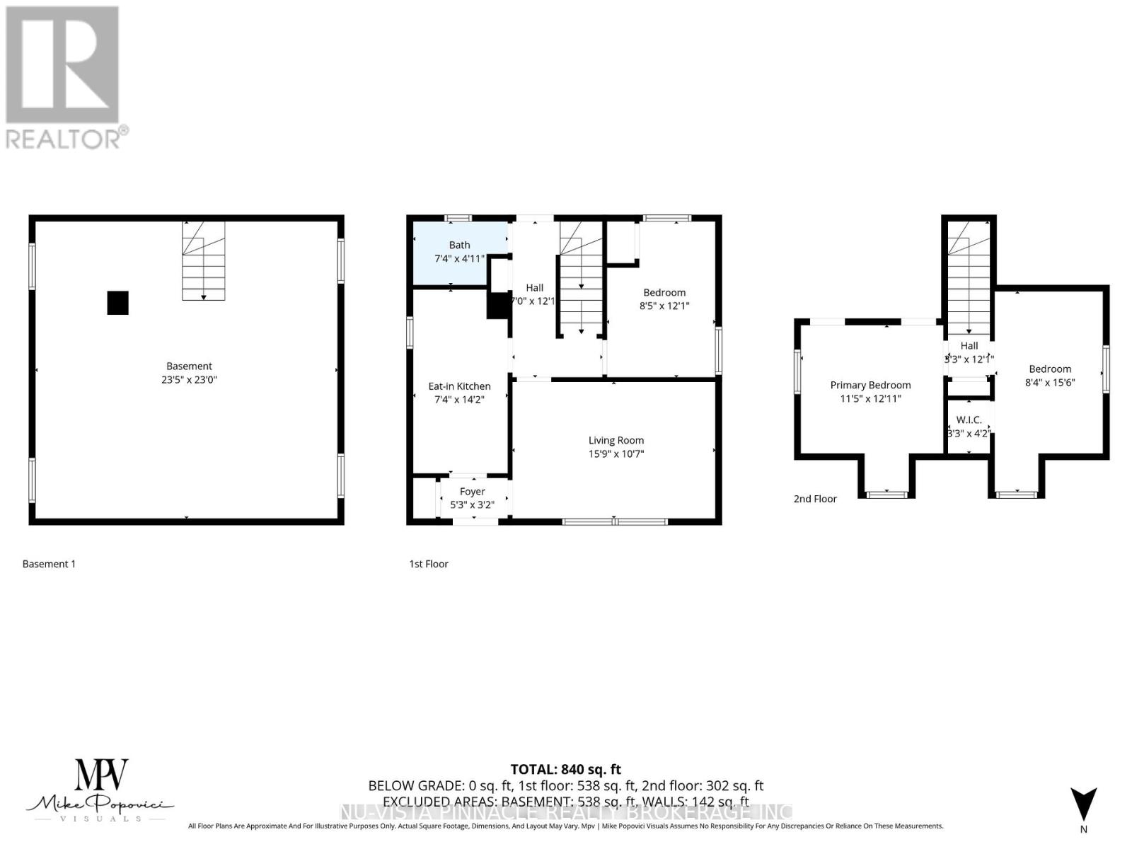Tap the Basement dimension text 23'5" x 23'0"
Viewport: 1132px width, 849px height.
click(x=189, y=380)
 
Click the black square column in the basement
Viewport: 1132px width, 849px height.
click(x=118, y=303)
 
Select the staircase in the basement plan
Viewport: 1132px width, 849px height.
click(x=204, y=261)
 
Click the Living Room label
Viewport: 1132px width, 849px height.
click(x=616, y=440)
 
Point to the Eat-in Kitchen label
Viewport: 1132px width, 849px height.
click(x=459, y=386)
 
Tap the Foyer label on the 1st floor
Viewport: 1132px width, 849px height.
click(x=472, y=491)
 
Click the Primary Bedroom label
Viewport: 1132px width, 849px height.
click(x=870, y=385)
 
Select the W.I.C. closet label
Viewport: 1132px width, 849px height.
click(x=969, y=420)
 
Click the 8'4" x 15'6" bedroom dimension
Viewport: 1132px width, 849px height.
click(x=1050, y=382)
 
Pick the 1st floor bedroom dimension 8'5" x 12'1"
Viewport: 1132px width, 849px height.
click(x=664, y=306)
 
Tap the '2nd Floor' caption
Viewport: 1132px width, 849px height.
click(x=815, y=499)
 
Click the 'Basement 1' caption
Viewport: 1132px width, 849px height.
click(x=49, y=564)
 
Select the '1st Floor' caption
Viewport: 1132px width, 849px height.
click(x=429, y=564)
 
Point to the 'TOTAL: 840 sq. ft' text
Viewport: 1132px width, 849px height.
click(x=566, y=769)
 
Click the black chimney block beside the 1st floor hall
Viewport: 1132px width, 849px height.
click(x=498, y=306)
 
